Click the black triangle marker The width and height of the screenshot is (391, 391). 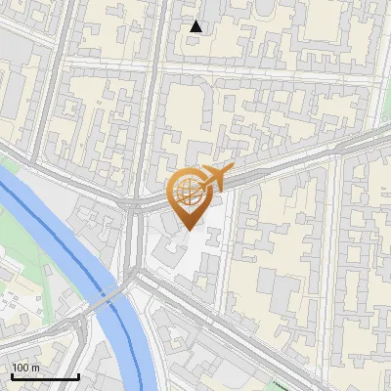click(196, 26)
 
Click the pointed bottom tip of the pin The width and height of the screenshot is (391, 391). click(189, 230)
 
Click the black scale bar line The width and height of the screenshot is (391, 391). click(45, 376)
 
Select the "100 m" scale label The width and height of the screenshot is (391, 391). click(25, 368)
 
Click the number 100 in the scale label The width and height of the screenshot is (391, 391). click(22, 368)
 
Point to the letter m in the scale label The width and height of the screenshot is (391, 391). click(35, 368)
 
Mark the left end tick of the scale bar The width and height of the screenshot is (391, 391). click(12, 374)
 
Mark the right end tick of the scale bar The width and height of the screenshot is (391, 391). click(78, 374)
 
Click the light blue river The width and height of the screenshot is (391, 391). click(59, 244)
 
